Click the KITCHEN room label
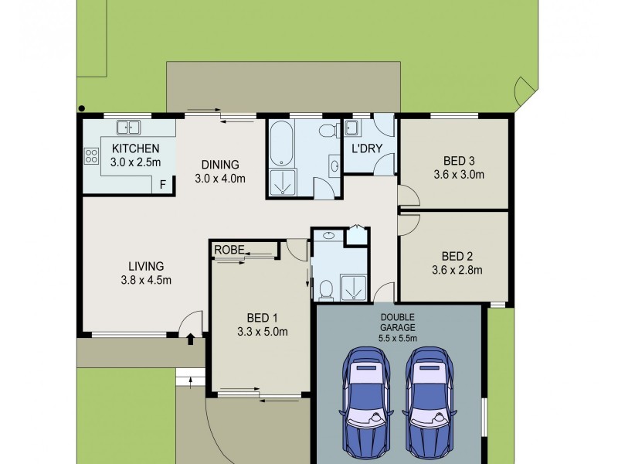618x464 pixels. [135, 148]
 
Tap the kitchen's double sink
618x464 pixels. [127, 127]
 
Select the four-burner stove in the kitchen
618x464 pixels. [91, 156]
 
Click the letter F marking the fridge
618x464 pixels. [162, 184]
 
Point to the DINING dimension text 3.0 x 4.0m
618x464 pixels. [220, 179]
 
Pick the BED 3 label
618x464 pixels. [459, 161]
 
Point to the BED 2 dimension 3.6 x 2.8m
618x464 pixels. [457, 270]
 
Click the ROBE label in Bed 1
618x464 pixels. [229, 249]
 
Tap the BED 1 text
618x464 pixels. [263, 318]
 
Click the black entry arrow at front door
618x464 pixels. [192, 337]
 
